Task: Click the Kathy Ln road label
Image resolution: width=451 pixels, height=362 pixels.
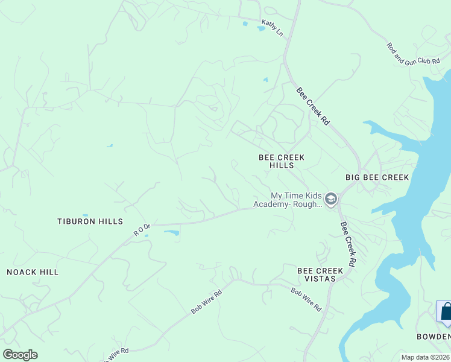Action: [271, 27]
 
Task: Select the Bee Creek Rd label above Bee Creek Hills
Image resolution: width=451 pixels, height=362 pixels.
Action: [313, 106]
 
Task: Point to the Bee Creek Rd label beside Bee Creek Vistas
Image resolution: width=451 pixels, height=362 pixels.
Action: [348, 244]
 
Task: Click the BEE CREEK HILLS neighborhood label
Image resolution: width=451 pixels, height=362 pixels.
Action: [282, 161]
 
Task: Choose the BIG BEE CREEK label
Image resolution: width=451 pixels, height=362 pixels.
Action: [377, 177]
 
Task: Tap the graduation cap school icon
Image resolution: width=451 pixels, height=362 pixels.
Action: [330, 198]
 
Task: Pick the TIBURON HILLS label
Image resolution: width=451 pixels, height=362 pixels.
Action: [90, 221]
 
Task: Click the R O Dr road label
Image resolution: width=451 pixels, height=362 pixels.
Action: [140, 229]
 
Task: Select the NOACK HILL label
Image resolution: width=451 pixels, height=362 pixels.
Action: [33, 272]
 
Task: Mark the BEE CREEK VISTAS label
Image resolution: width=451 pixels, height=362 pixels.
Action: [320, 275]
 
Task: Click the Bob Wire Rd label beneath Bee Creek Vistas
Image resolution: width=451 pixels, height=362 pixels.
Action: [306, 299]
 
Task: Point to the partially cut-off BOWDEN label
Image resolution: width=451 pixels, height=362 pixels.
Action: [434, 336]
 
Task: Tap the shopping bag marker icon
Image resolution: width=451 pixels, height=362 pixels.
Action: [446, 311]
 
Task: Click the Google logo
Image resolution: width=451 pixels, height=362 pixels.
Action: [20, 355]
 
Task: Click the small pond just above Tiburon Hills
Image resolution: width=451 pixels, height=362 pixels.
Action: [85, 215]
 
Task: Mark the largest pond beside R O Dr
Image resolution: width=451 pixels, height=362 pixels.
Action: [171, 233]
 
